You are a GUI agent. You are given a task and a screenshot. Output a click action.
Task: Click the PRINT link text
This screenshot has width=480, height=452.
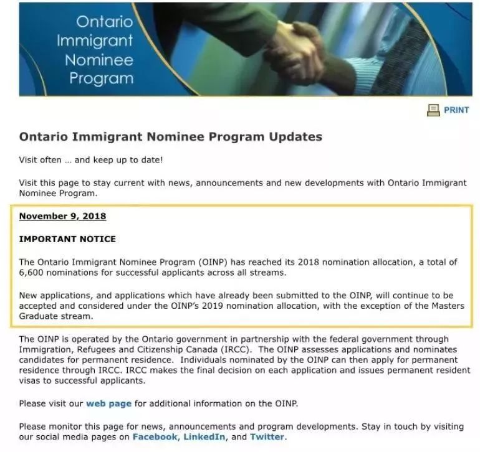click(456, 110)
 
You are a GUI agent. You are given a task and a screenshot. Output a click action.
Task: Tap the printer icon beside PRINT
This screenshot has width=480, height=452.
click(433, 110)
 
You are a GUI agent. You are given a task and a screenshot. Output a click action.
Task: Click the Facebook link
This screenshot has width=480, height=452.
click(155, 437)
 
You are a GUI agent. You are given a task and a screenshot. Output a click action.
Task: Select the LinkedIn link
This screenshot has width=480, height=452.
click(204, 437)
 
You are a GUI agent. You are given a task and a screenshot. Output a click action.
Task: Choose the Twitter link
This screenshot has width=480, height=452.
click(267, 437)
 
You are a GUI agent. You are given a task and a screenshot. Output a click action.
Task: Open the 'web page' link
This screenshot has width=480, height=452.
click(108, 403)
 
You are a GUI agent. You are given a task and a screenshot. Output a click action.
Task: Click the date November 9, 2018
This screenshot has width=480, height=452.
click(62, 217)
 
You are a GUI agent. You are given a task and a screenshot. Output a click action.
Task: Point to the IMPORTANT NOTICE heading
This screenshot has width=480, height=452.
click(67, 239)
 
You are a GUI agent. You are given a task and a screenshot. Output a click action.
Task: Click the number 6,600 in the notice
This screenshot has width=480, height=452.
click(32, 273)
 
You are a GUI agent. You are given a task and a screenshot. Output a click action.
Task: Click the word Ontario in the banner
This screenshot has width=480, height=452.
click(105, 22)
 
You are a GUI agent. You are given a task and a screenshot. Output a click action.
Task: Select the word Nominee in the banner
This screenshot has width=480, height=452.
click(100, 60)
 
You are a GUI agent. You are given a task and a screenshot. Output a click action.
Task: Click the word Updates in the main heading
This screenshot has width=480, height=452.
click(295, 137)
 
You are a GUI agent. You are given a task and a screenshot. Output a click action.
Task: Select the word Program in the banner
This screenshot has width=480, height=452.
click(102, 79)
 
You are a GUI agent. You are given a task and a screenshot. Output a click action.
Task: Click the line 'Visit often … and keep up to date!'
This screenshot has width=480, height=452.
click(91, 160)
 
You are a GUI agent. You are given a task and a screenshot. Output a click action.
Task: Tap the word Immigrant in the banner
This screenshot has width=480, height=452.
click(95, 41)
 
